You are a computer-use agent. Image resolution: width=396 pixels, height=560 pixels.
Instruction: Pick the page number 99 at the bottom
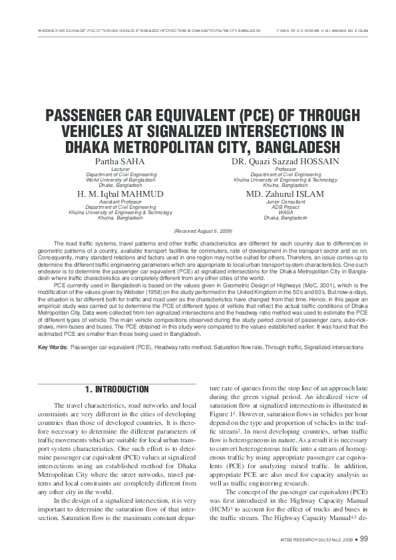tap(364, 538)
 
